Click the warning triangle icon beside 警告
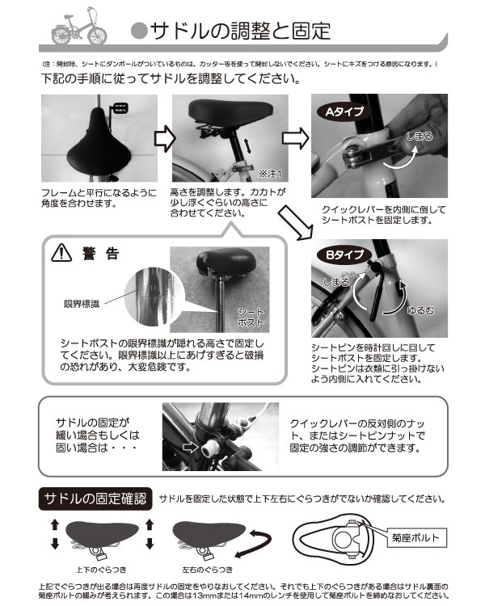61,254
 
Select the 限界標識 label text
83,304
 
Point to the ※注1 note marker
268,174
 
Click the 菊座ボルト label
417,535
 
